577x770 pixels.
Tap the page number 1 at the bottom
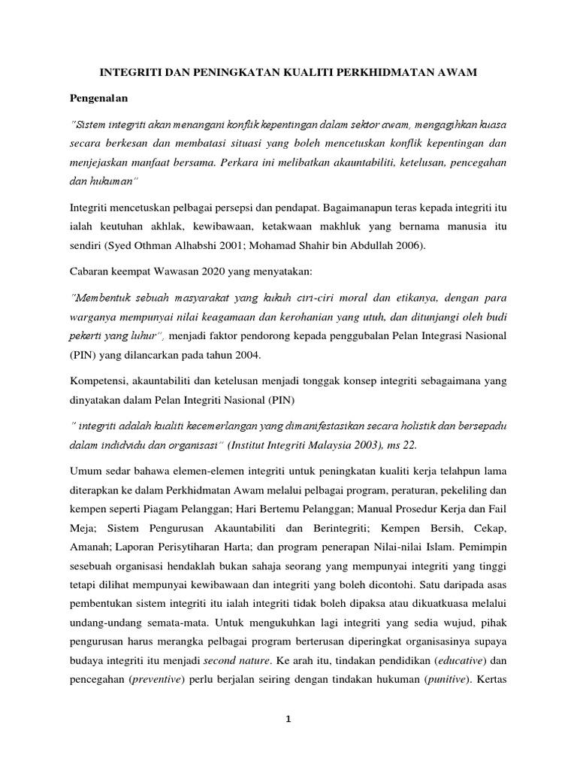click(x=288, y=719)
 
